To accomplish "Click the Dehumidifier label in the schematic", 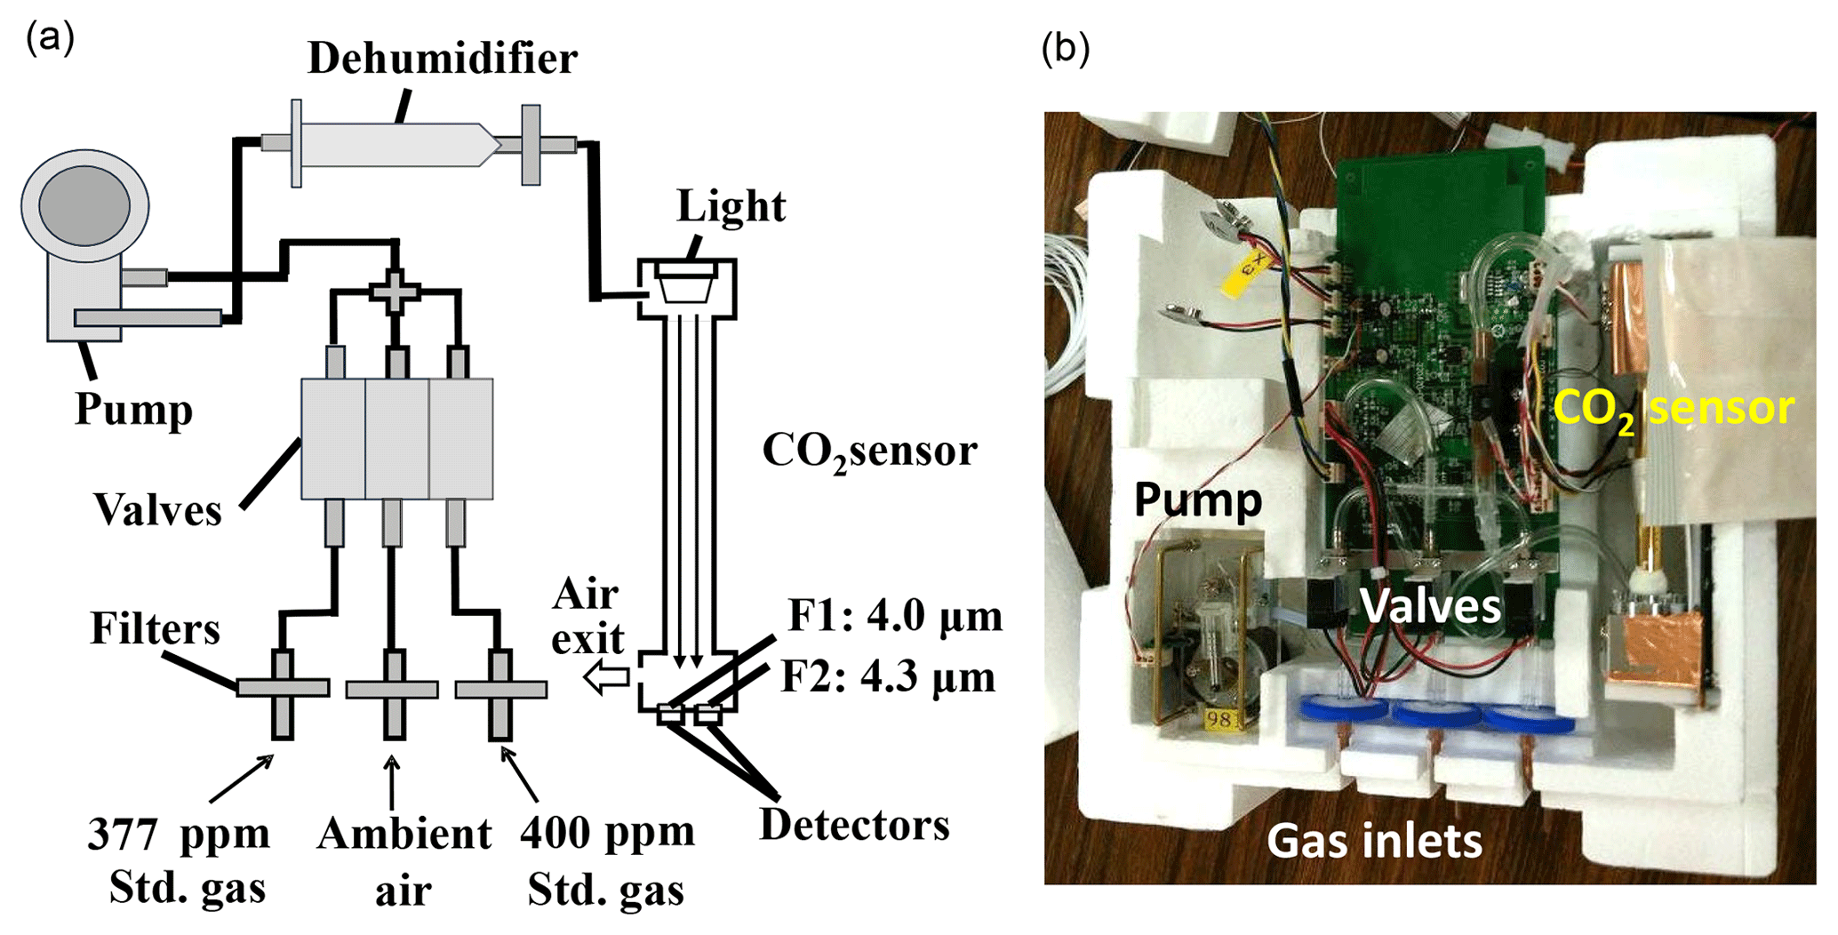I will click(x=442, y=59).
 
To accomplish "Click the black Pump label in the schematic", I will click(x=133, y=410).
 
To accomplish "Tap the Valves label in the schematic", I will click(x=157, y=509).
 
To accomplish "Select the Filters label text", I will click(x=155, y=629).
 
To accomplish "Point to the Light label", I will click(x=731, y=206).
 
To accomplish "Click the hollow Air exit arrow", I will click(x=606, y=679).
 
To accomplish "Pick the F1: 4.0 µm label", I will click(x=894, y=616).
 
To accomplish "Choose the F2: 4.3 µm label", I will click(x=887, y=676).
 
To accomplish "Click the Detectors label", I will click(x=853, y=825).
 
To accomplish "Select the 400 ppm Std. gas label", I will click(x=606, y=860).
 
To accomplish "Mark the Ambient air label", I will click(x=404, y=860).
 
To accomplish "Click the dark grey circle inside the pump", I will click(x=84, y=205).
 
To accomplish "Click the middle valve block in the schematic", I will click(x=396, y=438).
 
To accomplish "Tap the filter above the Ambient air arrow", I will click(x=392, y=690).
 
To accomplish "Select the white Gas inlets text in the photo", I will click(x=1374, y=841).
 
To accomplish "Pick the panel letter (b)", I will click(x=1065, y=50).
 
